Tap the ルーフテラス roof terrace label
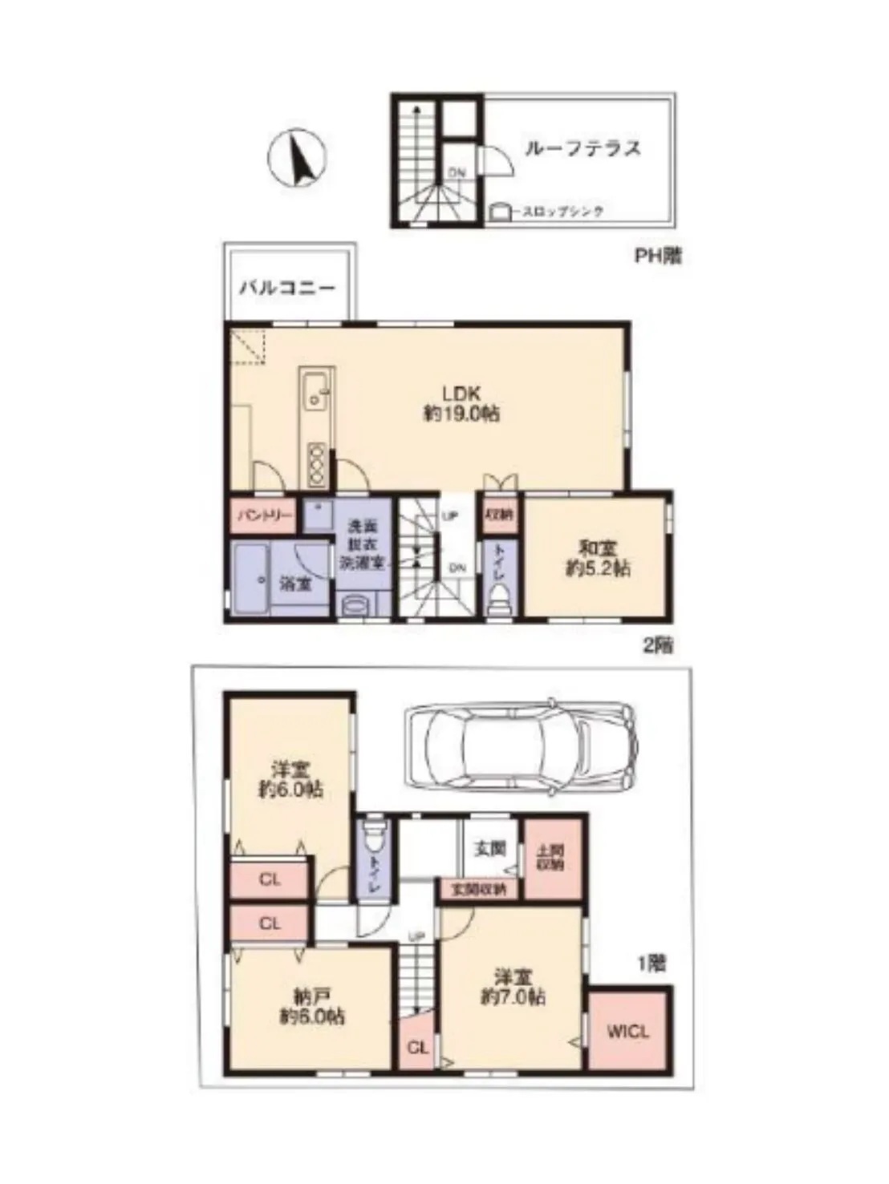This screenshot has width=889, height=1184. pos(583,148)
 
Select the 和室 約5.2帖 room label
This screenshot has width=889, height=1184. pos(594,559)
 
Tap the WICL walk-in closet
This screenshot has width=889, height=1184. pos(627,1031)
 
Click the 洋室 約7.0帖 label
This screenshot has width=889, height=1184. pos(513,988)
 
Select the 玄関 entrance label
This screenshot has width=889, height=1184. pos(489,848)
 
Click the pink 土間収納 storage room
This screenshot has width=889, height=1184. pos(551,859)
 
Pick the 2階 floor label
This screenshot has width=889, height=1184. pos(658,645)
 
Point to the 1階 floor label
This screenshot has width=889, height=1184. pos(652,963)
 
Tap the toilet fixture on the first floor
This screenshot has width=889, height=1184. pos(374,838)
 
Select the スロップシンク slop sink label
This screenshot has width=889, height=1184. pos(562,212)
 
